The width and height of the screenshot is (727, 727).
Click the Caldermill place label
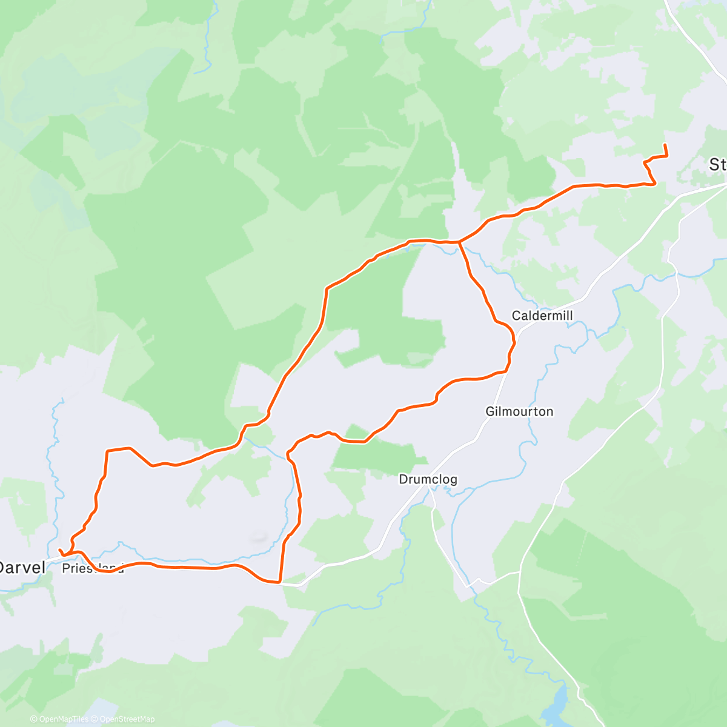pyautogui.click(x=542, y=316)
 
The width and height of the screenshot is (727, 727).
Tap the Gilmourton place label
pyautogui.click(x=519, y=412)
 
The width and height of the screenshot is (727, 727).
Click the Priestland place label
pyautogui.click(x=93, y=569)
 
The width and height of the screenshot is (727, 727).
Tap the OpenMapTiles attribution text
pyautogui.click(x=64, y=719)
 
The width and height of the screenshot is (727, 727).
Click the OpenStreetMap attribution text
pyautogui.click(x=127, y=719)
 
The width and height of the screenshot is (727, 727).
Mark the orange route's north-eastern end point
pyautogui.click(x=665, y=145)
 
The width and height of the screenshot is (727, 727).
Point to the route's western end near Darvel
pyautogui.click(x=59, y=549)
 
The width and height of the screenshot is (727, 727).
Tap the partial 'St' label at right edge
pyautogui.click(x=718, y=165)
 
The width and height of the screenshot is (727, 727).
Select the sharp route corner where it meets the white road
pyautogui.click(x=279, y=582)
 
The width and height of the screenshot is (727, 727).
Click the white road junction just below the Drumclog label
pyautogui.click(x=431, y=488)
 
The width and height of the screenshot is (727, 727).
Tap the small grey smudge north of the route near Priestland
pyautogui.click(x=259, y=537)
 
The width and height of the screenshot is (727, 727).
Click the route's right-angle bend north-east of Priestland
pyautogui.click(x=107, y=451)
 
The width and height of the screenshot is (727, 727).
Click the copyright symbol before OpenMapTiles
pyautogui.click(x=34, y=719)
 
